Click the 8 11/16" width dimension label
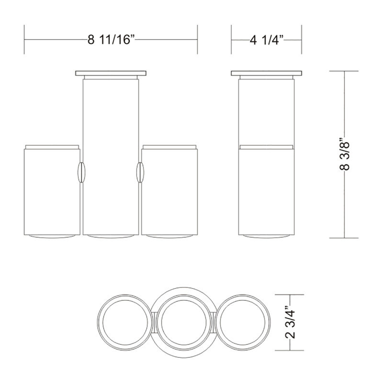point(111,39)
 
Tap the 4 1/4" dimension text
point(266,40)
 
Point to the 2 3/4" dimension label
point(290,322)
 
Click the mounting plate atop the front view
point(111,73)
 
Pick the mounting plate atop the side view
point(266,73)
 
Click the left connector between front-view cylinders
point(81,172)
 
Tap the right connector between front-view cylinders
point(140,172)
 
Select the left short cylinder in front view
point(52,192)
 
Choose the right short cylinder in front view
point(169,192)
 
